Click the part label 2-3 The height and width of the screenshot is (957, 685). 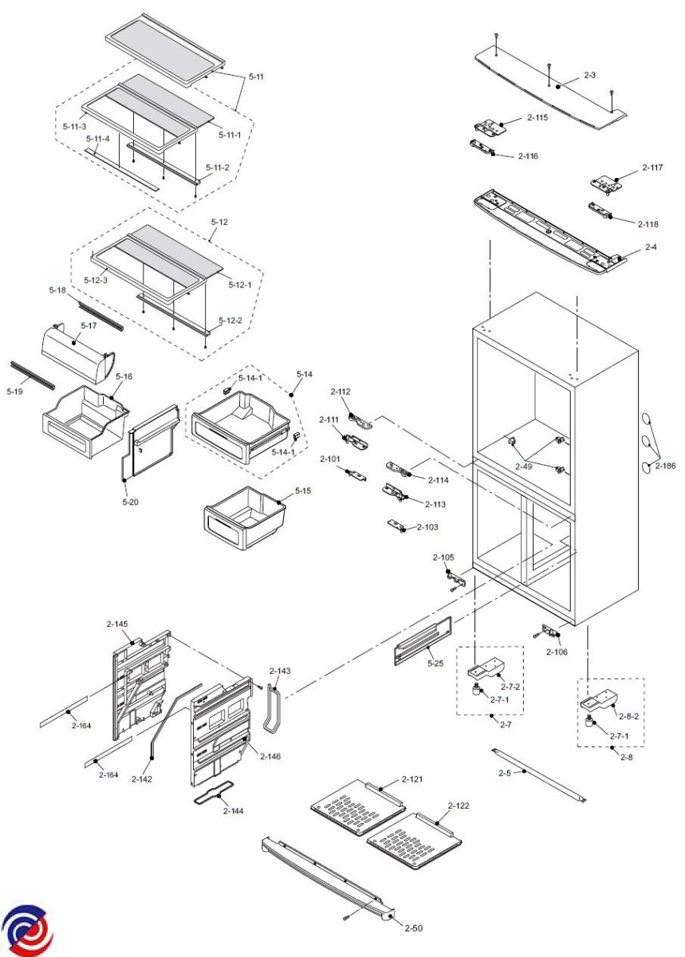pos(590,75)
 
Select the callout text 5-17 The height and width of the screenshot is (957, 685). pos(88,325)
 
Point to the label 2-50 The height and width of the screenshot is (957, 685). pos(413,927)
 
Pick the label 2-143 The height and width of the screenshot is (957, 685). pos(281,671)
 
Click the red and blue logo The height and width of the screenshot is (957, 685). pos(26,930)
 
